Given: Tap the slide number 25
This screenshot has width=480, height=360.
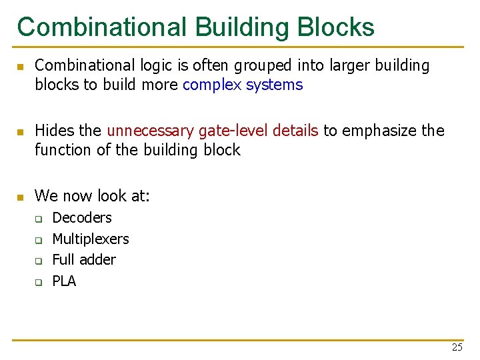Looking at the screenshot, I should click(457, 347).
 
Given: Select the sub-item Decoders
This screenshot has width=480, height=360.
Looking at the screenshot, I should click(82, 217).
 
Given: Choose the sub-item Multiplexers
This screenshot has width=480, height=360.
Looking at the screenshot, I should click(91, 239).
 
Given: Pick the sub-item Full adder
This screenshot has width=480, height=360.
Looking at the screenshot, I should click(84, 259).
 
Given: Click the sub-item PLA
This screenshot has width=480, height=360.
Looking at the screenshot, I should click(64, 281).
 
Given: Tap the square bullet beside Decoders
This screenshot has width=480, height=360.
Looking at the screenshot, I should click(39, 219).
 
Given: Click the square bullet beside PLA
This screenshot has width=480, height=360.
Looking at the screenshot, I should click(39, 282).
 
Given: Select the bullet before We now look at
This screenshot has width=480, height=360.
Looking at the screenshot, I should click(21, 197).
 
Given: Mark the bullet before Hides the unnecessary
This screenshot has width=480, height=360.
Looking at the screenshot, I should click(21, 131).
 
